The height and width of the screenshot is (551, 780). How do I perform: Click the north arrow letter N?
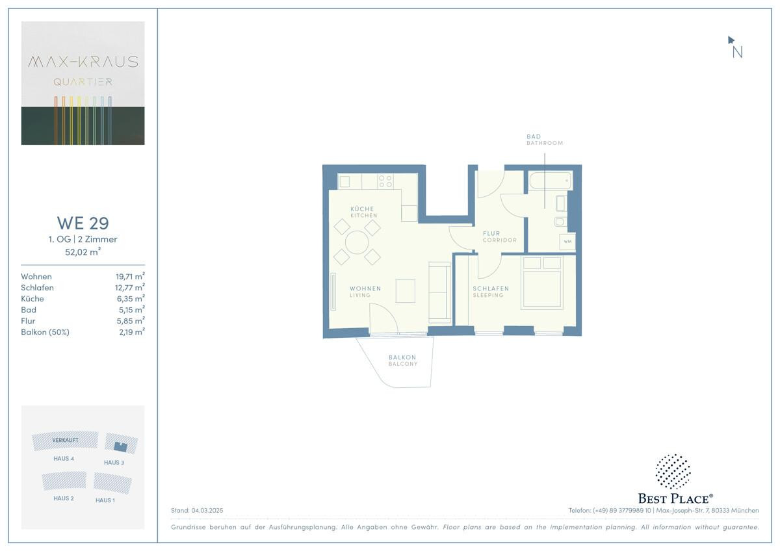tap(737, 52)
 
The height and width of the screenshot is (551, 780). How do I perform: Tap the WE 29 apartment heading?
tap(83, 223)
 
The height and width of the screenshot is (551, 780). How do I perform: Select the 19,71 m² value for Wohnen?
tap(130, 276)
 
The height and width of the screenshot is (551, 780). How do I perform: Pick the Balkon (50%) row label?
tap(45, 332)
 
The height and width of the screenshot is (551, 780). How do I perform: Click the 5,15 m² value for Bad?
tap(131, 309)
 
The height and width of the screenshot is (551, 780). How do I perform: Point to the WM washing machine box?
tap(567, 242)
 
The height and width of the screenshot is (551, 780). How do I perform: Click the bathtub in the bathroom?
tap(551, 181)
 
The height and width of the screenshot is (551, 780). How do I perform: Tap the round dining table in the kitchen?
tap(357, 242)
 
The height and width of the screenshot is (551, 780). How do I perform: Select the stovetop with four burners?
tap(385, 181)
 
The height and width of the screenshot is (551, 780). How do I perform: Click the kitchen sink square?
tap(344, 182)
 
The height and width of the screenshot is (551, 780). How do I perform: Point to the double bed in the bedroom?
tap(542, 283)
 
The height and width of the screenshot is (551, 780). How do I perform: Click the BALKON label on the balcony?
tap(402, 357)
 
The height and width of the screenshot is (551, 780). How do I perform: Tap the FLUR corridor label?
tap(491, 233)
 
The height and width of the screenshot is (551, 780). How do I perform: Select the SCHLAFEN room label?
tap(491, 288)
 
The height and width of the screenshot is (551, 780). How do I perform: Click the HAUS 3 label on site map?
tap(114, 463)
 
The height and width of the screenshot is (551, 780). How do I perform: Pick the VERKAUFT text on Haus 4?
tap(65, 441)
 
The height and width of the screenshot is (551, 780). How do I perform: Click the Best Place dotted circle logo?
tap(673, 471)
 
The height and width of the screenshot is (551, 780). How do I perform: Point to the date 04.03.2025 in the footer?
tap(207, 510)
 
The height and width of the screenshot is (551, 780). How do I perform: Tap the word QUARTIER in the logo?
tap(83, 82)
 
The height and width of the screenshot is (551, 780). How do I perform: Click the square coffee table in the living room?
tap(406, 291)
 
